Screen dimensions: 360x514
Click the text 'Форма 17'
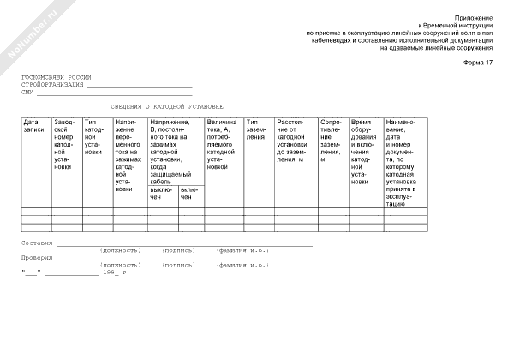(478, 65)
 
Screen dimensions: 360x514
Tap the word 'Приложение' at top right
(474, 17)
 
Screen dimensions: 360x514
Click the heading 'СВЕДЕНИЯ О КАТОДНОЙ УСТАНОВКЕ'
(167, 106)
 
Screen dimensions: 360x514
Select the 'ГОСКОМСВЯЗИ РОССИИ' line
(57, 78)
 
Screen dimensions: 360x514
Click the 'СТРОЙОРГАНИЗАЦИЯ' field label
(52, 85)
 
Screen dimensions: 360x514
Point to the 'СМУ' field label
(27, 92)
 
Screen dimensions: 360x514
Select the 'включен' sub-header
(190, 193)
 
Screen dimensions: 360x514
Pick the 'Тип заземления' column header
(257, 129)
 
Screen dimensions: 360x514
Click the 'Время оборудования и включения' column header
(364, 151)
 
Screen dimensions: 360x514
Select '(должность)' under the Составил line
(121, 251)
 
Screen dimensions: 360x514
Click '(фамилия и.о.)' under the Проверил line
(243, 266)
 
